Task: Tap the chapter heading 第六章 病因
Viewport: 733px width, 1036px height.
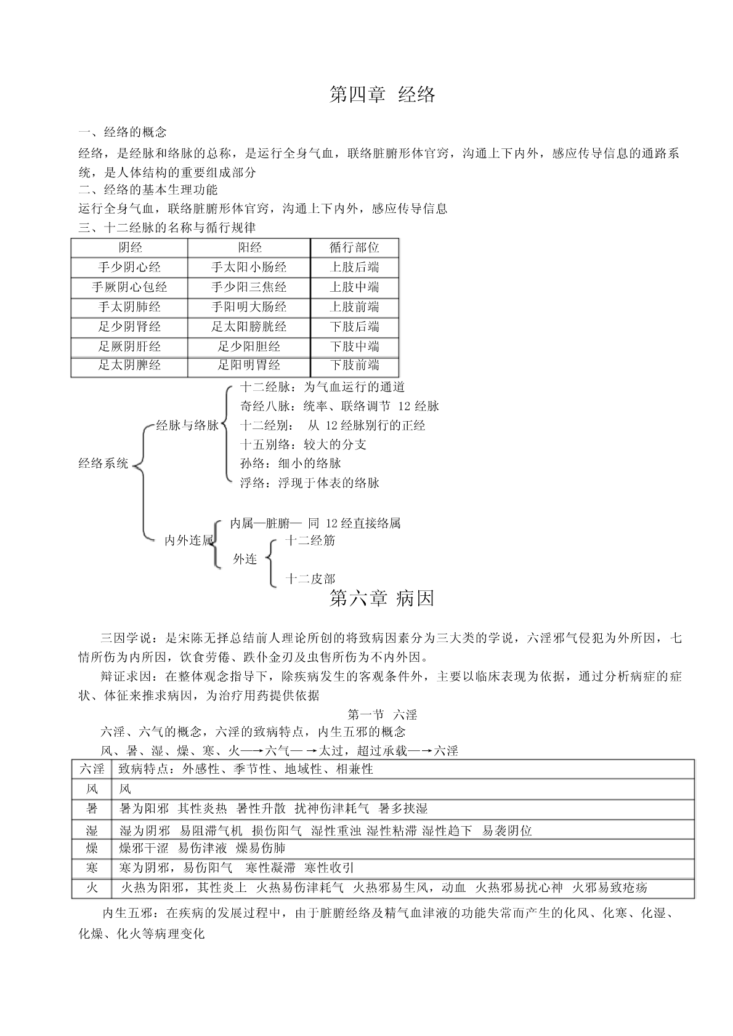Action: (382, 598)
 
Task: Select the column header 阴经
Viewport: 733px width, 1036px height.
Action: (129, 247)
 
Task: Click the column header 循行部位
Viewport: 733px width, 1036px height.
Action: (354, 247)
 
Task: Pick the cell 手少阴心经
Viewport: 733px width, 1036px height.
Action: (129, 267)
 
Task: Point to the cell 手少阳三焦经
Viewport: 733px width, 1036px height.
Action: (249, 287)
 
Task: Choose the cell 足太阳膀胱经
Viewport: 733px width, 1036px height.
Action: (249, 326)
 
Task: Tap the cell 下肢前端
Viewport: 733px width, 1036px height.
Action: (354, 365)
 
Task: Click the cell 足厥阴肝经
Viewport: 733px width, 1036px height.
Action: (129, 346)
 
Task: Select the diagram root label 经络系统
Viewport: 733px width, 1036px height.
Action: (103, 463)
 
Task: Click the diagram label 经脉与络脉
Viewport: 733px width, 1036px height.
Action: (187, 425)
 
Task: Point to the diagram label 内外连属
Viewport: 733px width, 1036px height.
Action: (188, 540)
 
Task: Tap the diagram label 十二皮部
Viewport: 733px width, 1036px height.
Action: (310, 579)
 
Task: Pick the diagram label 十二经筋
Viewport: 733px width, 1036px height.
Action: (310, 540)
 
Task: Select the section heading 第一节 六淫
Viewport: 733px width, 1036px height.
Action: (382, 715)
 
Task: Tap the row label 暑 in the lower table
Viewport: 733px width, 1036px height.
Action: (92, 808)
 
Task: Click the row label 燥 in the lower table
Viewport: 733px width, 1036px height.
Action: (92, 848)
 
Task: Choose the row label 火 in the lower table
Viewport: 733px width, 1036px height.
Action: (92, 888)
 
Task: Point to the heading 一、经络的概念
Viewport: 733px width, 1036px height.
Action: (123, 132)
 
